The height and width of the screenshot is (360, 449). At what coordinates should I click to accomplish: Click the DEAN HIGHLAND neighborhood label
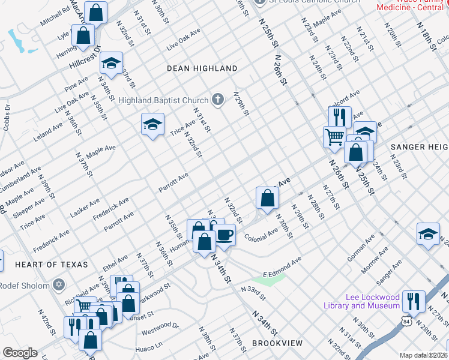202,68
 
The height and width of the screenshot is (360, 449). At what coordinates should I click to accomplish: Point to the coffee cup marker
225,235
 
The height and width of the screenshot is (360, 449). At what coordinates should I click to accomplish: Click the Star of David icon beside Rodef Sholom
59,284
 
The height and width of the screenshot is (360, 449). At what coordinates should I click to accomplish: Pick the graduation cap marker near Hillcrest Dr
110,62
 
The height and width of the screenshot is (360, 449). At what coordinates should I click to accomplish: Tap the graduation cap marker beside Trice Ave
152,124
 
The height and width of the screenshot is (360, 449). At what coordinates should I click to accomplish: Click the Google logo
20,353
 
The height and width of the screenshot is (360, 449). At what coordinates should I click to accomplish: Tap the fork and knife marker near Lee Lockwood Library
413,300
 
